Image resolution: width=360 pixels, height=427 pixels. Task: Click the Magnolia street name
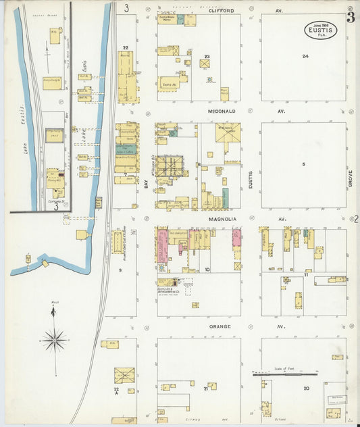(221, 219)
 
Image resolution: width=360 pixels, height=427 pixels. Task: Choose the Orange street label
(221, 326)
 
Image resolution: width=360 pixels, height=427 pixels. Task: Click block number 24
(305, 56)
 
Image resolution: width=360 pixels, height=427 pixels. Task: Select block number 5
(304, 164)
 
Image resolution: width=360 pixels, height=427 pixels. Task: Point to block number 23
(207, 57)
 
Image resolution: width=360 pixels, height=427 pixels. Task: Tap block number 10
(207, 270)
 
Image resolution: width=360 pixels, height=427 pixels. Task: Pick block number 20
(306, 388)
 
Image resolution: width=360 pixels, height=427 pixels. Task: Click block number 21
(205, 388)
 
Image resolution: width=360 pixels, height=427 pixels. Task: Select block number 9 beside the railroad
(120, 270)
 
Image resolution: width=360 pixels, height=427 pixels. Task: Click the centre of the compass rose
(53, 338)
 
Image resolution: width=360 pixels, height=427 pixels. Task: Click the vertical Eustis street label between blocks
(250, 178)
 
